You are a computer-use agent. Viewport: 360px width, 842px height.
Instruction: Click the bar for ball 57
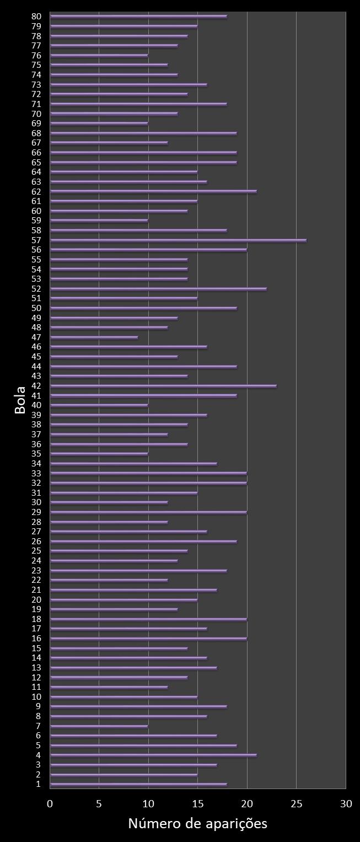pos(178,240)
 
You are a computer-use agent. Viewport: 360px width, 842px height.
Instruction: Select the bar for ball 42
pos(163,386)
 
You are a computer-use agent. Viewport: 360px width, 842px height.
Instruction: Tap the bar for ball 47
pos(94,337)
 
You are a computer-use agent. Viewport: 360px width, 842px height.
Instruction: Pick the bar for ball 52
pos(158,289)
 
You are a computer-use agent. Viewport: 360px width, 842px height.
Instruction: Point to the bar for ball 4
pos(153,755)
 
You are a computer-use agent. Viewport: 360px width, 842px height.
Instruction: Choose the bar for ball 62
pos(153,192)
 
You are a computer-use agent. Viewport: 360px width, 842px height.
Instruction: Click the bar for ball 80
pos(138,17)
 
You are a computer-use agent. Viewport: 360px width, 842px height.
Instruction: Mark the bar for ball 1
pos(138,785)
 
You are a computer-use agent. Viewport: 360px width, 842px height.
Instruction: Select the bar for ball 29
pos(148,512)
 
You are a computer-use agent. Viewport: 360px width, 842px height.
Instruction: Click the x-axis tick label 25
pos(297,804)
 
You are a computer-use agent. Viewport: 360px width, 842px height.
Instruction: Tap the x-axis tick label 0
pos(50,804)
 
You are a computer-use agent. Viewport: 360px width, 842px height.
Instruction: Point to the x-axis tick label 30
pos(346,804)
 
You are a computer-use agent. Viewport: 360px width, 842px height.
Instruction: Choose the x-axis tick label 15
pos(198,804)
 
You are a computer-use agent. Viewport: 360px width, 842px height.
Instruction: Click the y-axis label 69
pos(36,124)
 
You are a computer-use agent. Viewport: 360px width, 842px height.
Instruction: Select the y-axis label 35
pos(36,454)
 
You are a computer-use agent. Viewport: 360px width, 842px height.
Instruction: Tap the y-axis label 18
pos(36,619)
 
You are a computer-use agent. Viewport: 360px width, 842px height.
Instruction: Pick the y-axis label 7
pos(38,726)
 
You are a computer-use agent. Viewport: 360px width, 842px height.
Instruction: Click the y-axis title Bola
pos(20,400)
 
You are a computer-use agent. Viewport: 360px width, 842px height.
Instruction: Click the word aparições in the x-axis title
pos(237,824)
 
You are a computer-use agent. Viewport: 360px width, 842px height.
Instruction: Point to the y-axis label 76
pos(36,55)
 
